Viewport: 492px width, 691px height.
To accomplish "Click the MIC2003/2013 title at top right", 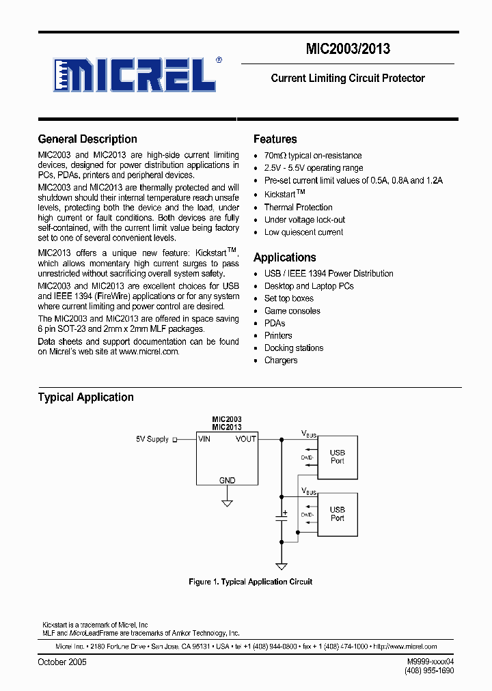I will click(348, 48).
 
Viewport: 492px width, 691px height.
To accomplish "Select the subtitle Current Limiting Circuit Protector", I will click(348, 79).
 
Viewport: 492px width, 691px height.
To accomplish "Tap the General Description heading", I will click(87, 139).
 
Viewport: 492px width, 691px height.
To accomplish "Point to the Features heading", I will click(275, 139).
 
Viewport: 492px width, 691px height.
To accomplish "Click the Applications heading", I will click(284, 257).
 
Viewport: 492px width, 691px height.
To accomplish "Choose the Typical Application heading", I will click(85, 397).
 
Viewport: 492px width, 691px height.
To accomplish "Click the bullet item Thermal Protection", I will click(298, 208).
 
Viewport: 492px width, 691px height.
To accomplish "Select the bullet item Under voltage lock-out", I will click(305, 220).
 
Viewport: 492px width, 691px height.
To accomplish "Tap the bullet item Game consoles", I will click(292, 311).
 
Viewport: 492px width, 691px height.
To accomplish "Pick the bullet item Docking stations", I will click(294, 348).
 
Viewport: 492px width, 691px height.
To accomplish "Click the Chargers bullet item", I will click(281, 361).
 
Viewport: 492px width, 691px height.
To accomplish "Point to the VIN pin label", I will click(204, 439).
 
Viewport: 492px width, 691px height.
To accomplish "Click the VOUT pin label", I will click(246, 439).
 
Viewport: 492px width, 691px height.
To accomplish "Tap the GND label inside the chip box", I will click(227, 481).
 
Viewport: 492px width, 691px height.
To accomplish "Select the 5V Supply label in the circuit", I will click(152, 440).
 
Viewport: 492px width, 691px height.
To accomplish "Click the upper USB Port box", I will click(338, 456).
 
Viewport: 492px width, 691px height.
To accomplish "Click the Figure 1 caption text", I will click(250, 582).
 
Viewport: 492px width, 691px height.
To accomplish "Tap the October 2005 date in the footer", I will click(62, 662).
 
